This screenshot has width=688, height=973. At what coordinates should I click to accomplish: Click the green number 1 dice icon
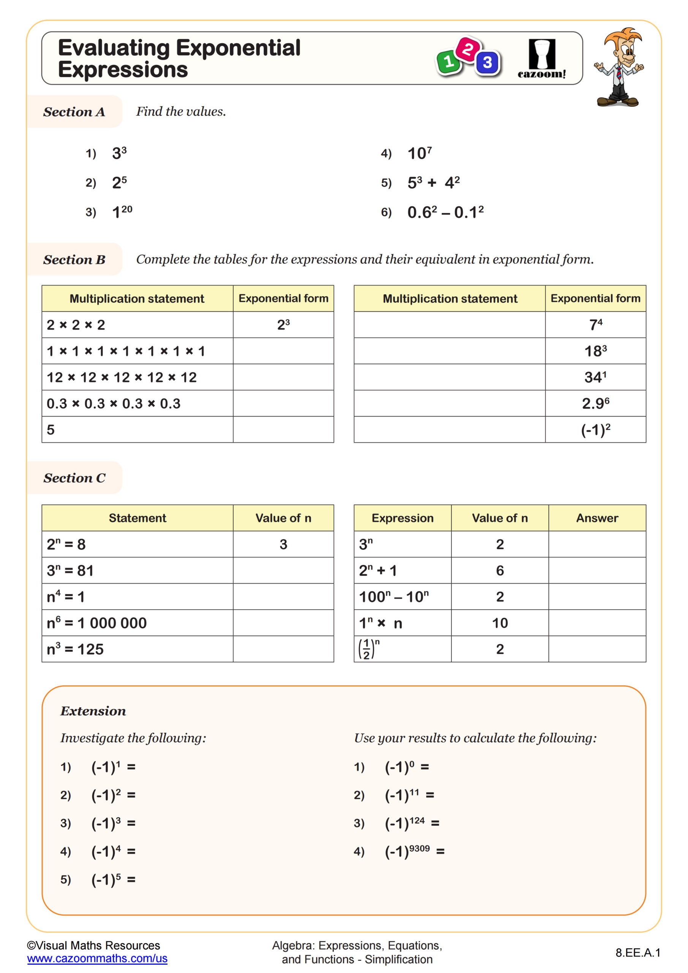tap(448, 62)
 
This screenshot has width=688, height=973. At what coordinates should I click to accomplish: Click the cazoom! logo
tap(541, 59)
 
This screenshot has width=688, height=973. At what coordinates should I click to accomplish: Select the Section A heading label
tap(74, 112)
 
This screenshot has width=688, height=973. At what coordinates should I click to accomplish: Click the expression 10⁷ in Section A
tap(419, 153)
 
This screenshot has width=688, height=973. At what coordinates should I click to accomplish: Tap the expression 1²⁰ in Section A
tap(122, 211)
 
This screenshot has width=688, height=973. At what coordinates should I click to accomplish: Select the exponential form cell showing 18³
tap(595, 351)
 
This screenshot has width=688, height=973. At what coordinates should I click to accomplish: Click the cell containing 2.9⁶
tap(595, 403)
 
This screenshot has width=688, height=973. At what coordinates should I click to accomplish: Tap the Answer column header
tap(597, 518)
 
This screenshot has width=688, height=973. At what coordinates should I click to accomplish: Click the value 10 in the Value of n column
tap(500, 623)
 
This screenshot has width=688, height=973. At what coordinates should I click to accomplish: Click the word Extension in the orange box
tap(93, 711)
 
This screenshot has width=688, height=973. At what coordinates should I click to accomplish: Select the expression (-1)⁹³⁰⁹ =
tap(414, 851)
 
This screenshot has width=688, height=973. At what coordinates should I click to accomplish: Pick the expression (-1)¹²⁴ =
tap(412, 823)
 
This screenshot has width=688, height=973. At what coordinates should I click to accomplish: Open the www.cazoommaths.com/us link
tap(97, 958)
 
